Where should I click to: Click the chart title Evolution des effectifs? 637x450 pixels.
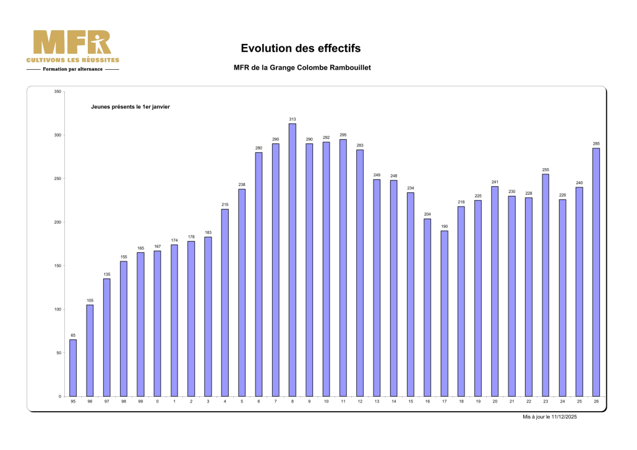(x=301, y=48)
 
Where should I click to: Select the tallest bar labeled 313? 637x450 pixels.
(x=293, y=260)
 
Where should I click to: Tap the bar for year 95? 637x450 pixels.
(x=73, y=368)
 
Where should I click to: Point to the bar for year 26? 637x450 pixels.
(x=596, y=272)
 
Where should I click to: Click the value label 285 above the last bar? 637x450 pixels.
(x=596, y=143)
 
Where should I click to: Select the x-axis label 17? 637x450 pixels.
(x=444, y=402)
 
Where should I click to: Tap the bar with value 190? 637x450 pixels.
(x=444, y=313)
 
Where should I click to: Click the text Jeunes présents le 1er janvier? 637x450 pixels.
(x=130, y=107)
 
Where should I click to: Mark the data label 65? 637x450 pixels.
(x=73, y=335)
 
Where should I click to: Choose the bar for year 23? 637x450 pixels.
(x=545, y=285)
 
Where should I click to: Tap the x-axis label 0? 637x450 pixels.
(x=157, y=402)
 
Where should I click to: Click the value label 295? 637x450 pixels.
(x=343, y=135)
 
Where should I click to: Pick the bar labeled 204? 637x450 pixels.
(x=427, y=307)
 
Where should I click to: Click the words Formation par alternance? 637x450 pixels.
(x=73, y=69)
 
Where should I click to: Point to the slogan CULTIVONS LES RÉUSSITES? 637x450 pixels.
(x=73, y=60)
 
